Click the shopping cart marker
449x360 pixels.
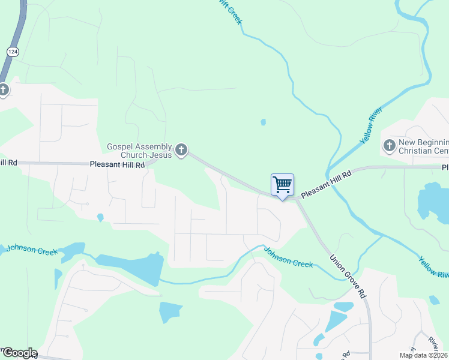click(282, 184)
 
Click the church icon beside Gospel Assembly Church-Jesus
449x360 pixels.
click(181, 150)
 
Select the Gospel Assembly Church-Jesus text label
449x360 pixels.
click(139, 151)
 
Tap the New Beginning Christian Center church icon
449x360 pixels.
click(389, 145)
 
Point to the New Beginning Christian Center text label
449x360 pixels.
click(423, 146)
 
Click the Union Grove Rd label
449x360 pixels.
click(348, 276)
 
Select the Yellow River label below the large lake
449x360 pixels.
click(433, 266)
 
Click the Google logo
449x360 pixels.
click(19, 353)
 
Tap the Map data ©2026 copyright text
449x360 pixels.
click(423, 355)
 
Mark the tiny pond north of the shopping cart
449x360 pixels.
click(263, 122)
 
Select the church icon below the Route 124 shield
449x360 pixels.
click(4, 90)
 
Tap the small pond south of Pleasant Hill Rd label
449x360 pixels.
click(100, 217)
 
